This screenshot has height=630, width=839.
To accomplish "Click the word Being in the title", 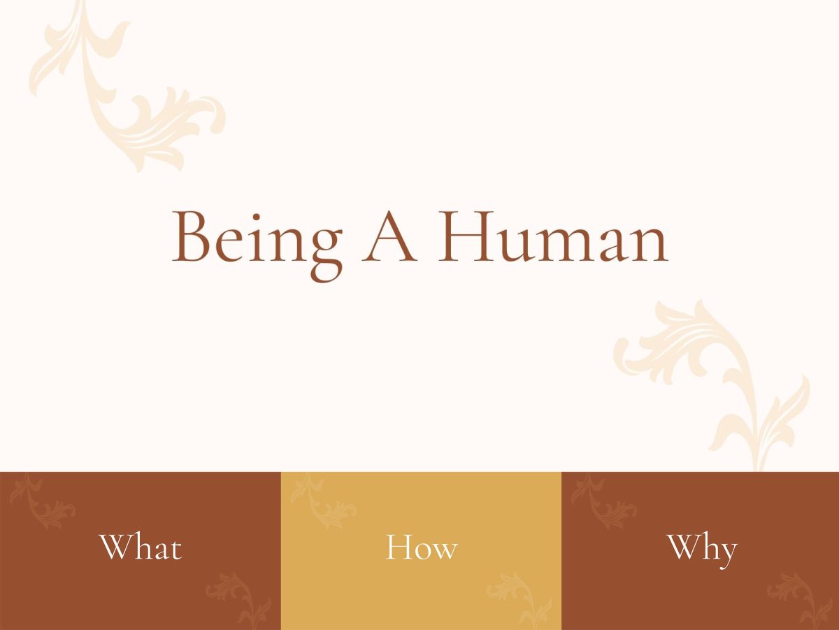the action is [257, 246].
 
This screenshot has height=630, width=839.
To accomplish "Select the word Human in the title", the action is [553, 236].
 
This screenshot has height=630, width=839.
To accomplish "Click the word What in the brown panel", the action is [141, 547].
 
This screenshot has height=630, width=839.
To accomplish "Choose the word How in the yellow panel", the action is [421, 547].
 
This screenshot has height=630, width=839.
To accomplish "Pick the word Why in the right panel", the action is [702, 550].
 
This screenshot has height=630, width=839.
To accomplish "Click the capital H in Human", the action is [466, 236].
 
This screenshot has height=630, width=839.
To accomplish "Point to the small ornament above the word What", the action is [42, 501].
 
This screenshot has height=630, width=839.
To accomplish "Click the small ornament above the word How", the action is [323, 501].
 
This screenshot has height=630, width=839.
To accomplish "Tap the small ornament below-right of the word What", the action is [239, 601].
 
